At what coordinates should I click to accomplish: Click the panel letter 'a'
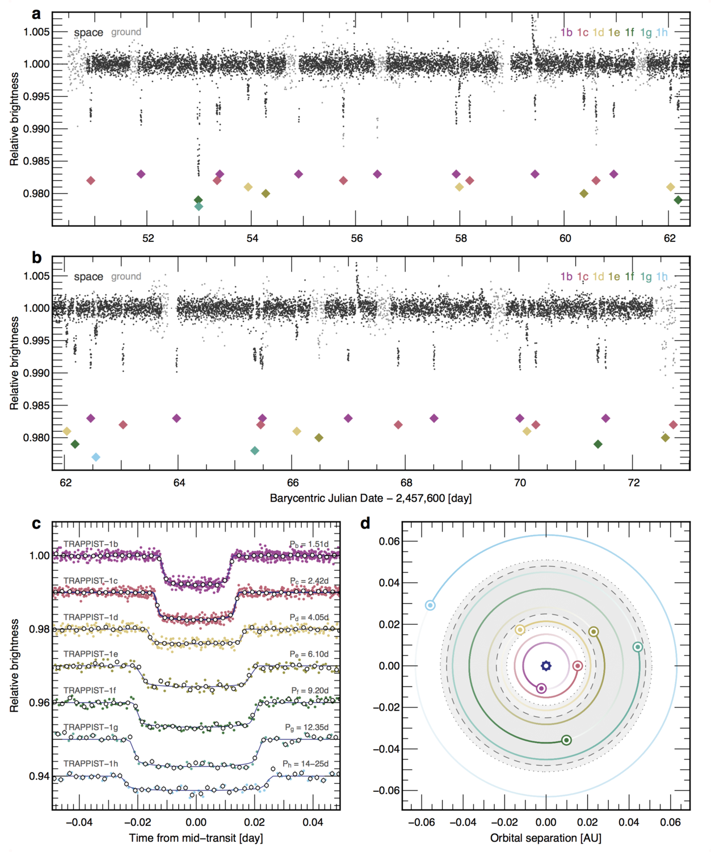(x=36, y=14)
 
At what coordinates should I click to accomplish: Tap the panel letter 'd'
(x=365, y=523)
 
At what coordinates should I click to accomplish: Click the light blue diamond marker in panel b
(x=96, y=457)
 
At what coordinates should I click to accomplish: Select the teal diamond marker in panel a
(x=198, y=207)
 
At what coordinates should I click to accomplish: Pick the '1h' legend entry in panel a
(x=662, y=32)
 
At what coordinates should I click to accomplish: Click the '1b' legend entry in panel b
(x=566, y=277)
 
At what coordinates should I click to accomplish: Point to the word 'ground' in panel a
(x=126, y=32)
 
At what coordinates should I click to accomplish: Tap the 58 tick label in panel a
(x=461, y=238)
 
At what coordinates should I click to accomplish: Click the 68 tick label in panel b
(x=406, y=483)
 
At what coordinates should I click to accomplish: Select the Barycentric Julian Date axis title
(x=371, y=498)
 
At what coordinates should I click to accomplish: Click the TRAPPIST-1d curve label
(x=91, y=617)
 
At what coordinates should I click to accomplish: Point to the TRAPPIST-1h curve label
(x=91, y=763)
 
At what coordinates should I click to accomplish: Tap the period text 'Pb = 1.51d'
(x=309, y=544)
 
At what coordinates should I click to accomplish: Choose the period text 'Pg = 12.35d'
(x=307, y=727)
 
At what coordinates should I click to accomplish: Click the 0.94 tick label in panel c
(x=39, y=776)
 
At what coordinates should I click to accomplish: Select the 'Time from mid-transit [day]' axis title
(x=196, y=838)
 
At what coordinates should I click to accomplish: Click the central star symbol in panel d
(x=545, y=666)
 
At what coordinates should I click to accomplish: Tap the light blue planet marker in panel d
(x=430, y=605)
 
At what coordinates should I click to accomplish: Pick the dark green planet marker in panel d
(x=566, y=740)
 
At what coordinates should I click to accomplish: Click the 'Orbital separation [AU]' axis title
(x=545, y=838)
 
